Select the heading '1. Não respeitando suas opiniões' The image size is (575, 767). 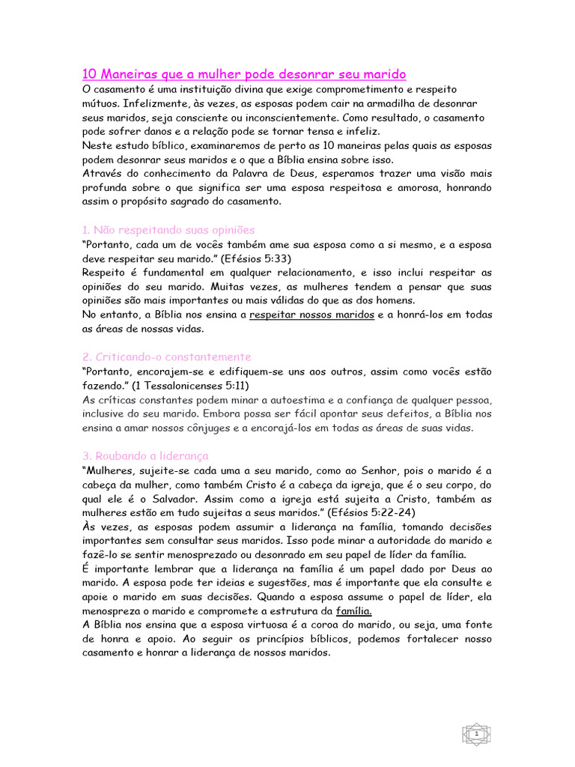coord(168,229)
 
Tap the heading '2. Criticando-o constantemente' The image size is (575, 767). coord(166,357)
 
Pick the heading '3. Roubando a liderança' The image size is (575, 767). coord(145,455)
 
